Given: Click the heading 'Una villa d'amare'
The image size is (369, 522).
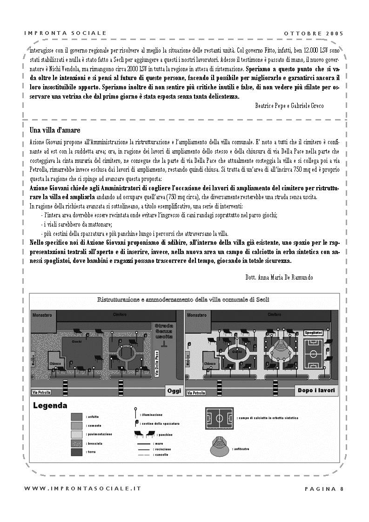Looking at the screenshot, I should (x=55, y=130).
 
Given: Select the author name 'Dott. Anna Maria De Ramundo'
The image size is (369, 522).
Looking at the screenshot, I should (x=279, y=277).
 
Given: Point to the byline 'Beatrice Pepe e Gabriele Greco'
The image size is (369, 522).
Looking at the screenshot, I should (x=289, y=106).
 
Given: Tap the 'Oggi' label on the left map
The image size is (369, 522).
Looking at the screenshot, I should (x=174, y=391).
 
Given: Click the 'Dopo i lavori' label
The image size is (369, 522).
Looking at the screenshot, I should (x=316, y=391).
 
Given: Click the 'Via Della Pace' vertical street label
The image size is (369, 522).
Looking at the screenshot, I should (x=156, y=364).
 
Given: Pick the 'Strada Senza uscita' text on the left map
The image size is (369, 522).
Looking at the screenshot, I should (x=164, y=331).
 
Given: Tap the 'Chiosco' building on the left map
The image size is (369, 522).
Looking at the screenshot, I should (x=55, y=364).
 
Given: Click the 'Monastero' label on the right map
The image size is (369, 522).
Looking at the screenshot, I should (x=197, y=315).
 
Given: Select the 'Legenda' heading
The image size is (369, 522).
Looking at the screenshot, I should (x=50, y=406).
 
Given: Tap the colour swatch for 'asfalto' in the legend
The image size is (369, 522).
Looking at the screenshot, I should (x=77, y=416).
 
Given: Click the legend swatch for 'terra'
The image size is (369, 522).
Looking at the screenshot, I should (x=77, y=452).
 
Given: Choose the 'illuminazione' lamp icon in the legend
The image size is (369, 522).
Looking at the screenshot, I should (x=135, y=414).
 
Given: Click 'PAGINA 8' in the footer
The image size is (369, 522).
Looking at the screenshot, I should (x=324, y=489).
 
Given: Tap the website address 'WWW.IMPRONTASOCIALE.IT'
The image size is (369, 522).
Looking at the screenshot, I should (x=83, y=489).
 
